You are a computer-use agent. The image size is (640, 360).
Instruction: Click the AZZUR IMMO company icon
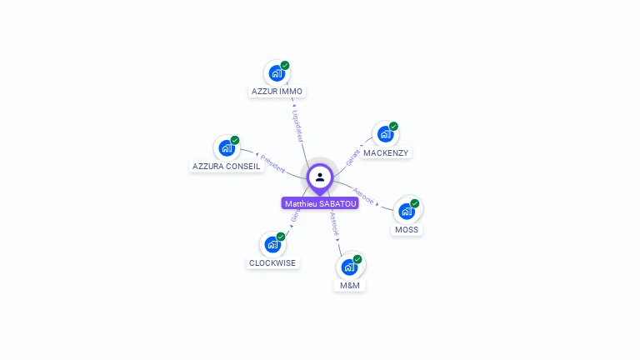(277, 72)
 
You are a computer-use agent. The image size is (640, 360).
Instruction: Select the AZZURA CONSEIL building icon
(227, 148)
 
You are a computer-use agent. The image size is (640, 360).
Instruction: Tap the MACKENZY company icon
(385, 134)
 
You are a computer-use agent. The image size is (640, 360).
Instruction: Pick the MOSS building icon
(407, 210)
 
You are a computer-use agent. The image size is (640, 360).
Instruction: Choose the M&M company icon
(350, 267)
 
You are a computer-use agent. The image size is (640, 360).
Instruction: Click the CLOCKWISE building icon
(272, 244)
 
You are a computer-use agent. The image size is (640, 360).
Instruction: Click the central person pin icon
(320, 177)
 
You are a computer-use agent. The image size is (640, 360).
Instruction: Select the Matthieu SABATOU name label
(320, 203)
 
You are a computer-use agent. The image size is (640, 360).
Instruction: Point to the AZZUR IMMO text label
(277, 91)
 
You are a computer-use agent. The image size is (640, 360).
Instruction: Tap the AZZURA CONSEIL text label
(227, 166)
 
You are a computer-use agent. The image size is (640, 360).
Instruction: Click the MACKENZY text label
(386, 153)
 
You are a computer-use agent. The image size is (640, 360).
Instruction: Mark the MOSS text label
(407, 229)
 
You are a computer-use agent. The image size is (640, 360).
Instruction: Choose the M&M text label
(350, 285)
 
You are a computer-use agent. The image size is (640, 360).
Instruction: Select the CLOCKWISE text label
(272, 262)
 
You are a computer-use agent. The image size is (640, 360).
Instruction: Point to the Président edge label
(272, 162)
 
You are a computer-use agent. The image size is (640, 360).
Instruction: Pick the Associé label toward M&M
(333, 223)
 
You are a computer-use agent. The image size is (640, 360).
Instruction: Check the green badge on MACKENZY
(393, 127)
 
